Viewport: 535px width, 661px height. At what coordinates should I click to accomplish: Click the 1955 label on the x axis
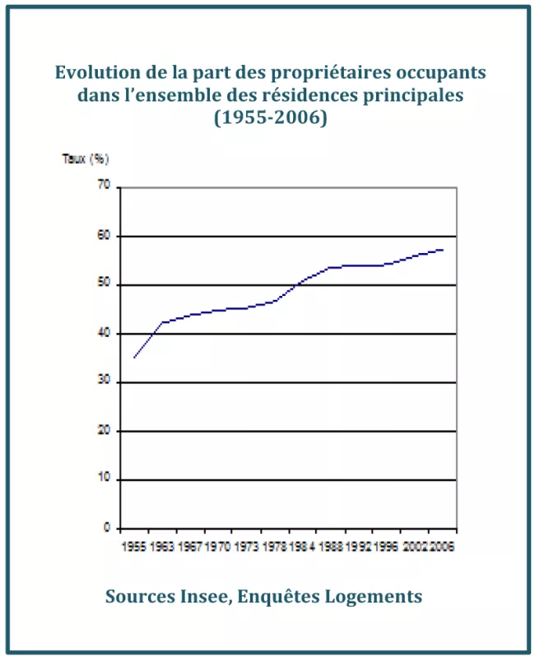point(133,546)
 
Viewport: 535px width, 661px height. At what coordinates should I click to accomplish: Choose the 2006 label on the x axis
point(443,546)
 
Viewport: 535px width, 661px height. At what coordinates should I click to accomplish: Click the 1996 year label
point(386,546)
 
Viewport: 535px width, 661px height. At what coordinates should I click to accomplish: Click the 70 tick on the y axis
point(104,187)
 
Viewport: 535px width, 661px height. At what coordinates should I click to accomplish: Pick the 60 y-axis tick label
point(104,237)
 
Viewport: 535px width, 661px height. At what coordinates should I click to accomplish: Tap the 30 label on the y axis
point(104,382)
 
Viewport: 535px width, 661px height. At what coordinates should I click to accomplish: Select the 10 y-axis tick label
point(104,480)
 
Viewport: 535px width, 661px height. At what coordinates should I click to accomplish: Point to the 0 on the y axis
point(107,527)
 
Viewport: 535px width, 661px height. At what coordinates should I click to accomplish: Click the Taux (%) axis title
point(86,158)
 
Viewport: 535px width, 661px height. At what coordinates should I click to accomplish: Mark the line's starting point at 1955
point(133,358)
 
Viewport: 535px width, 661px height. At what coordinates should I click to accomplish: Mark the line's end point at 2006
point(444,249)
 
